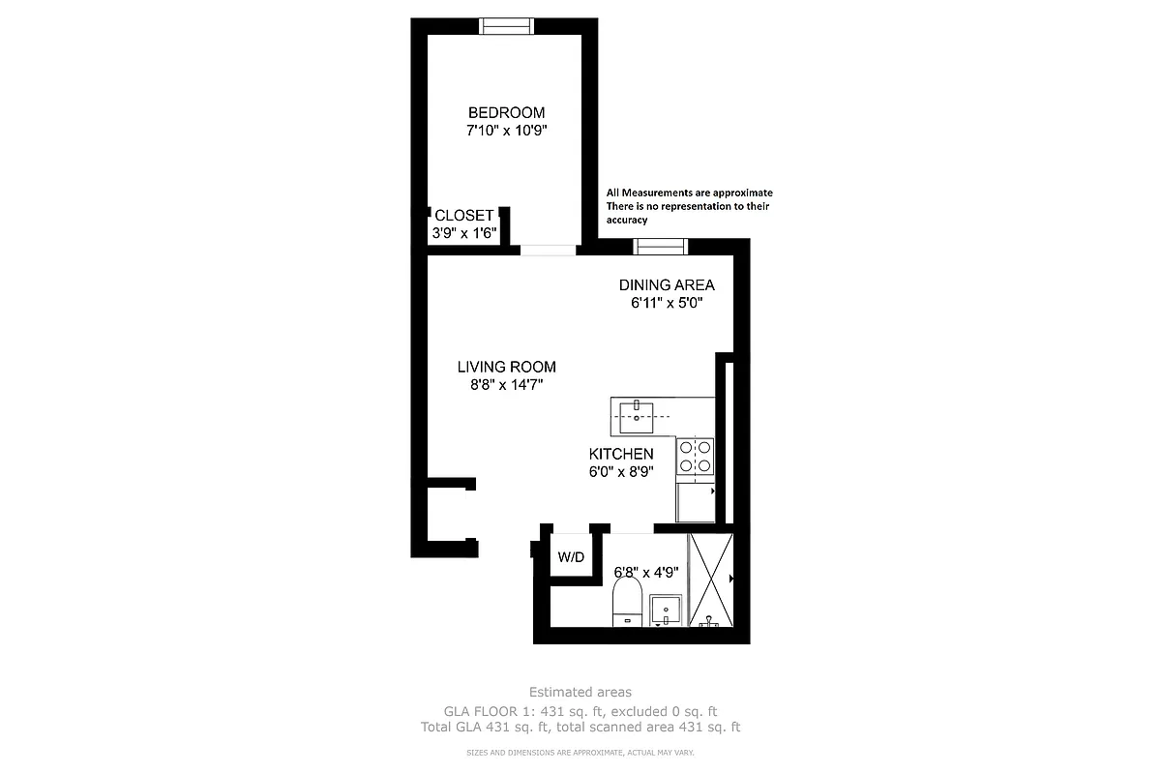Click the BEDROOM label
[506, 112]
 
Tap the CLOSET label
[464, 216]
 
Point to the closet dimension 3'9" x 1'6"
[464, 233]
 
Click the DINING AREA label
[667, 285]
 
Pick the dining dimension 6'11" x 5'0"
[667, 303]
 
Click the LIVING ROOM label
[506, 368]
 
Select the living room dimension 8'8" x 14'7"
[506, 385]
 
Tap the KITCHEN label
[621, 454]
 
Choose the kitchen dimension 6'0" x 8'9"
[621, 472]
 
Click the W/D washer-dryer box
[570, 558]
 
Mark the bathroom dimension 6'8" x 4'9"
[646, 572]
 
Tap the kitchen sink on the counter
[638, 416]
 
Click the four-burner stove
[696, 457]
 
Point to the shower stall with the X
[711, 580]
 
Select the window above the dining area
[660, 246]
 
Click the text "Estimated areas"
[580, 692]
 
